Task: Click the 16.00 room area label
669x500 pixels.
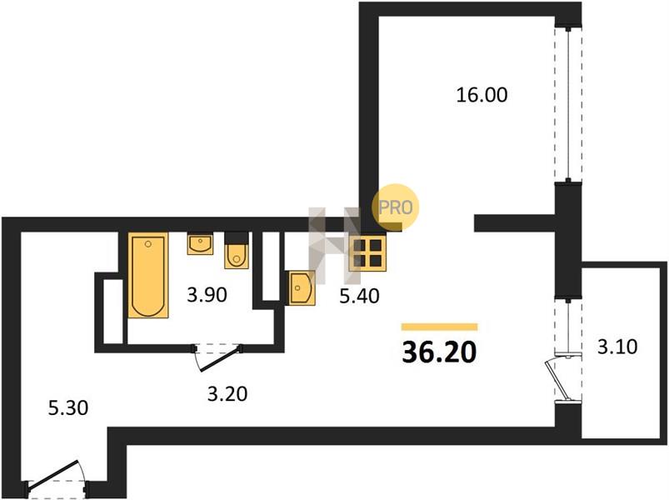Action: [482, 95]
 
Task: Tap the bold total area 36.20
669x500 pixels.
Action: [439, 352]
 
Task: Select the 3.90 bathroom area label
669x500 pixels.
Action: [207, 295]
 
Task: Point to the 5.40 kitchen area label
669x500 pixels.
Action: [359, 296]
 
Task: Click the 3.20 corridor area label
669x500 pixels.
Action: [227, 394]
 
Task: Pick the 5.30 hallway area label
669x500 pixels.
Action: [68, 407]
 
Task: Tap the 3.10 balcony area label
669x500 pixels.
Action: [617, 347]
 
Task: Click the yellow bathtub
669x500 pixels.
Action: [148, 275]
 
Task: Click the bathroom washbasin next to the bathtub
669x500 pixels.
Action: [200, 244]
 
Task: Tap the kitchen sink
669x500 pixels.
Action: [302, 288]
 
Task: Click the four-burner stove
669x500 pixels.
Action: [367, 253]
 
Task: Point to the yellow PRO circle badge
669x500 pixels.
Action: [396, 207]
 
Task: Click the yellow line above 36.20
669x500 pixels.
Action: [439, 327]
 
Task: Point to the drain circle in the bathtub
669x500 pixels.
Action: [148, 244]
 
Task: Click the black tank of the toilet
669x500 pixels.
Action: [237, 237]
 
